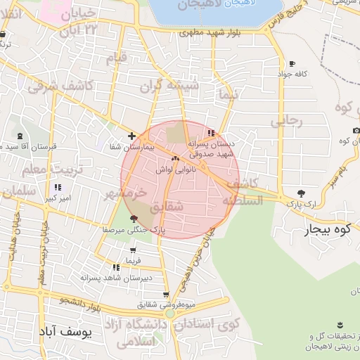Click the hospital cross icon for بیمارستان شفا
click(x=131, y=135)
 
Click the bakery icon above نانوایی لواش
click(x=174, y=159)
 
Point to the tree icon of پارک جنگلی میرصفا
click(x=134, y=219)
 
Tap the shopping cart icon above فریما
click(x=133, y=250)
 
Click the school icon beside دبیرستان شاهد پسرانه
click(x=116, y=267)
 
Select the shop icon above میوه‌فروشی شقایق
click(x=166, y=295)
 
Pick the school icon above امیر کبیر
click(x=58, y=187)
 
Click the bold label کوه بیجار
click(x=330, y=229)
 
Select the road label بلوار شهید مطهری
click(x=211, y=32)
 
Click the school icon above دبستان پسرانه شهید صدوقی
click(x=212, y=133)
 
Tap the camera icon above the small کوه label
click(x=356, y=131)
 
